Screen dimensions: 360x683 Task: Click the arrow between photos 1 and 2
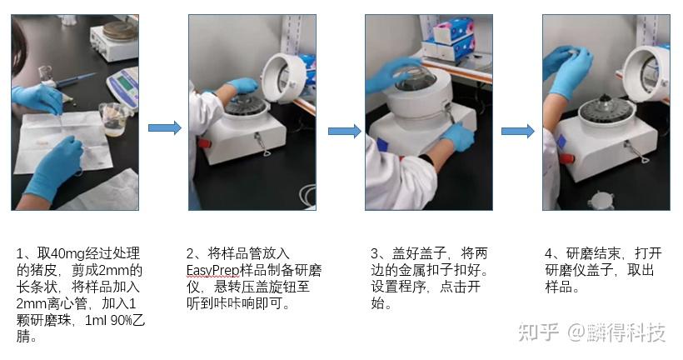pyautogui.click(x=164, y=127)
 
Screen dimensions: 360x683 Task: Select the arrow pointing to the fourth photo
pyautogui.click(x=517, y=132)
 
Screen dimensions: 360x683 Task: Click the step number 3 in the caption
pyautogui.click(x=374, y=253)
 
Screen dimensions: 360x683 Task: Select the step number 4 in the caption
pyautogui.click(x=549, y=253)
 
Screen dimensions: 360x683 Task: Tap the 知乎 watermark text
pyautogui.click(x=540, y=333)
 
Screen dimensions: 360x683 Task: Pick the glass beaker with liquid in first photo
pyautogui.click(x=114, y=117)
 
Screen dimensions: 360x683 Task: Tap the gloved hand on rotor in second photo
pyautogui.click(x=242, y=86)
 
